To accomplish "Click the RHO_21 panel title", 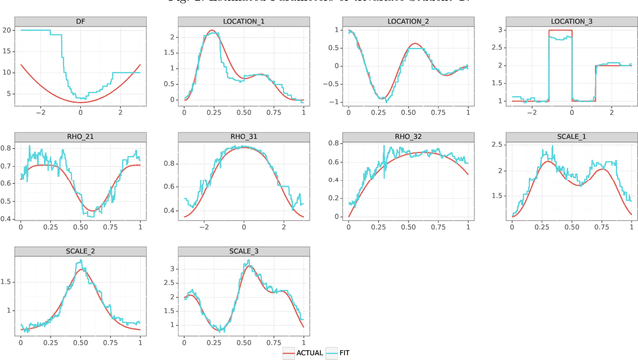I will pos(80,136).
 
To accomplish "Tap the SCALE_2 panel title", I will pos(80,252).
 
